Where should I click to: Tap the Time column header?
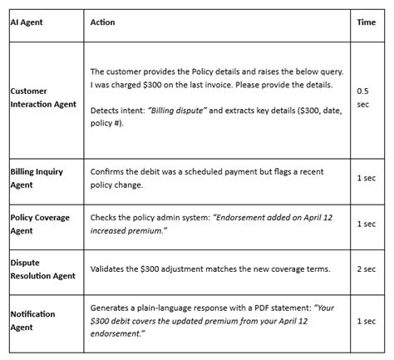366,22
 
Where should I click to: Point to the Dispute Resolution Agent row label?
41,269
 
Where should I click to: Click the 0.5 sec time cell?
363,96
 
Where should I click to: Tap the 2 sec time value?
366,269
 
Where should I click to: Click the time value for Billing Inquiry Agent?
366,178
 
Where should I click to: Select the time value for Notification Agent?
366,321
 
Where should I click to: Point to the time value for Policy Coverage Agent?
366,224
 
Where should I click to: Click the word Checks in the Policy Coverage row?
105,217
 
